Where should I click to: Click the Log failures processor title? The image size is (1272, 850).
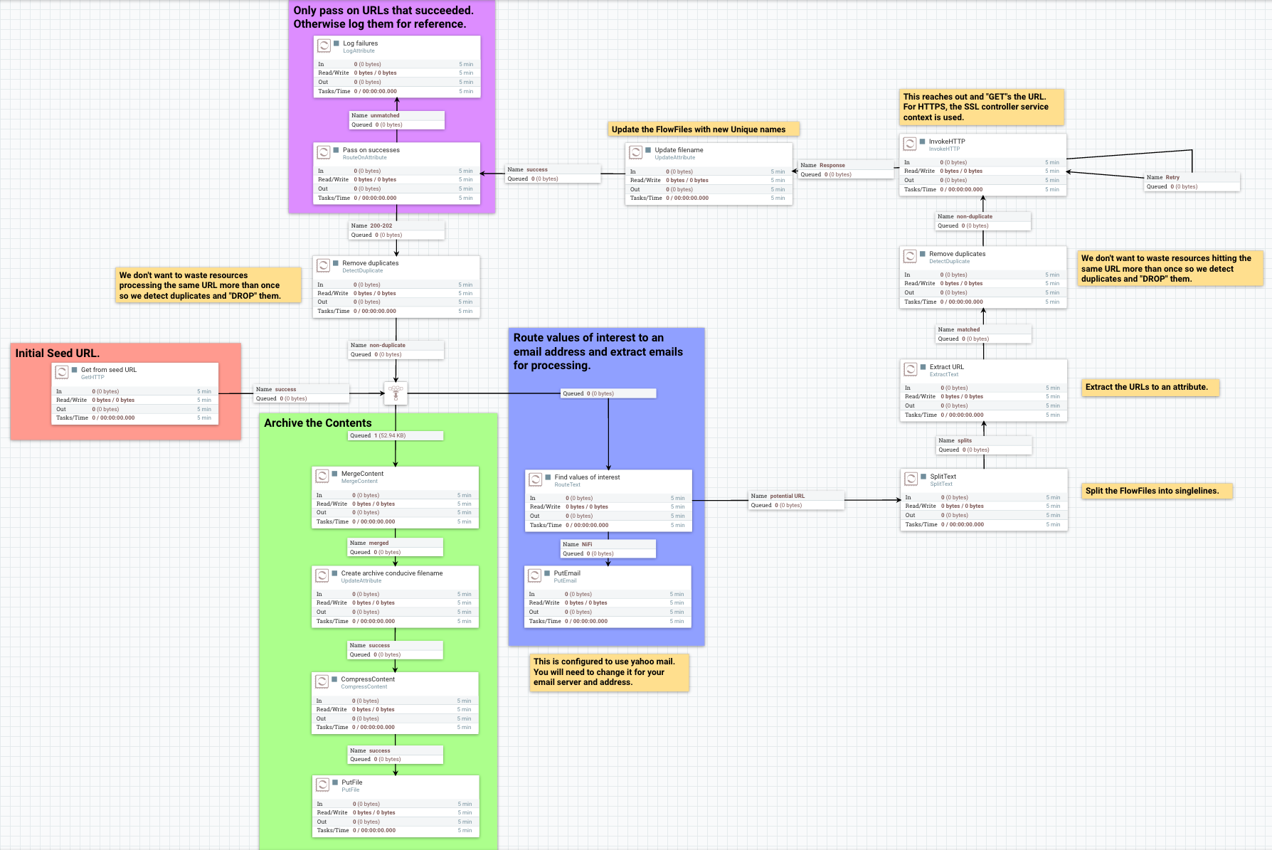[360, 43]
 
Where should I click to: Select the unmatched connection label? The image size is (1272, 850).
[384, 115]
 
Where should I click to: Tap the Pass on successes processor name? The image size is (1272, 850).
[371, 150]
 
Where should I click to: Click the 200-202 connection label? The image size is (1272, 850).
[381, 225]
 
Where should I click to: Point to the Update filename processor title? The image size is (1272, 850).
[679, 150]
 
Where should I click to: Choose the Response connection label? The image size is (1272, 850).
[832, 165]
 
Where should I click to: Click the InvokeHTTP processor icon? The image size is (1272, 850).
[910, 144]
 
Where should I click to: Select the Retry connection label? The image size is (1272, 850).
[1172, 177]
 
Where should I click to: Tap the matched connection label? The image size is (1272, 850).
[968, 329]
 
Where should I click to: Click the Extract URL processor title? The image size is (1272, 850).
[946, 367]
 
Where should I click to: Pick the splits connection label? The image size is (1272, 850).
[964, 440]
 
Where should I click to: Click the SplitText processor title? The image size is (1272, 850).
[943, 477]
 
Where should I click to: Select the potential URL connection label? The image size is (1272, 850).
[787, 496]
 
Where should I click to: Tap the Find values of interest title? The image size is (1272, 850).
[587, 477]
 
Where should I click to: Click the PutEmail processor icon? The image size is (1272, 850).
[535, 575]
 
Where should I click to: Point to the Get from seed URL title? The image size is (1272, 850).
[108, 370]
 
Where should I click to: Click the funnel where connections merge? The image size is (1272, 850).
[396, 393]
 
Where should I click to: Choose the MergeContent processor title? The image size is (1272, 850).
[362, 474]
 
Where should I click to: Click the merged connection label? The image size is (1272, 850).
[378, 543]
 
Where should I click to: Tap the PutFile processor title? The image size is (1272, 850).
[351, 782]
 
